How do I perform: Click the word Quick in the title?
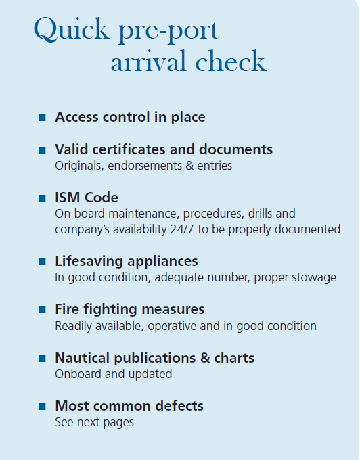(72, 29)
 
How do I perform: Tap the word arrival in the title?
(148, 61)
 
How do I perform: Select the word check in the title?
(231, 61)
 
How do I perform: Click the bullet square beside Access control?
(42, 118)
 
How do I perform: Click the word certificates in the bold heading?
(129, 149)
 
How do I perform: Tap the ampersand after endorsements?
(189, 166)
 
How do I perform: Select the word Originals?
(79, 166)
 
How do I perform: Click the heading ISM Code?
(87, 198)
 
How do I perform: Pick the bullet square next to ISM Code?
(42, 198)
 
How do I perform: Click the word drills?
(259, 214)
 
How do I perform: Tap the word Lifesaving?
(89, 261)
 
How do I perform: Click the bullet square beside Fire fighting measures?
(42, 310)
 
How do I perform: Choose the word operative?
(172, 326)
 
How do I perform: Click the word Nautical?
(83, 358)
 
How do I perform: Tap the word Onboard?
(78, 374)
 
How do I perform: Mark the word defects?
(179, 406)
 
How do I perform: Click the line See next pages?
(94, 422)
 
